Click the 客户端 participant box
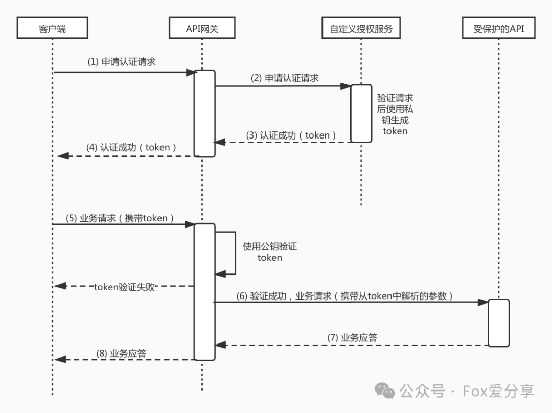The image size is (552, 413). point(52,29)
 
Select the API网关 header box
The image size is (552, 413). point(202,29)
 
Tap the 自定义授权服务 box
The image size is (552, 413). point(361,29)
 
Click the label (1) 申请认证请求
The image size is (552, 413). point(122,62)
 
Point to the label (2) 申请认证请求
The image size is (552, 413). point(285,78)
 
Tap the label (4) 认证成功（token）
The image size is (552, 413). point(132,147)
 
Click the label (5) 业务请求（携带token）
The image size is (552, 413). point(120,218)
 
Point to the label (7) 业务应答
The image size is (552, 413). point(353,337)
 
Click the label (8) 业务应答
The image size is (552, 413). point(122,353)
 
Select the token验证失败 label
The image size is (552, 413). point(124,287)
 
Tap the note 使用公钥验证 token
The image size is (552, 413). point(270,252)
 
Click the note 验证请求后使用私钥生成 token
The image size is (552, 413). point(395,114)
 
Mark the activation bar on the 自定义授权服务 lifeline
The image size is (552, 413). point(361,113)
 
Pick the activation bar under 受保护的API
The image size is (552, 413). point(498,323)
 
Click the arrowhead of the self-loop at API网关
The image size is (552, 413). point(219,274)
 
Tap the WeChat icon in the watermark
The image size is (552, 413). point(385,391)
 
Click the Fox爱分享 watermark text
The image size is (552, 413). point(498,392)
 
